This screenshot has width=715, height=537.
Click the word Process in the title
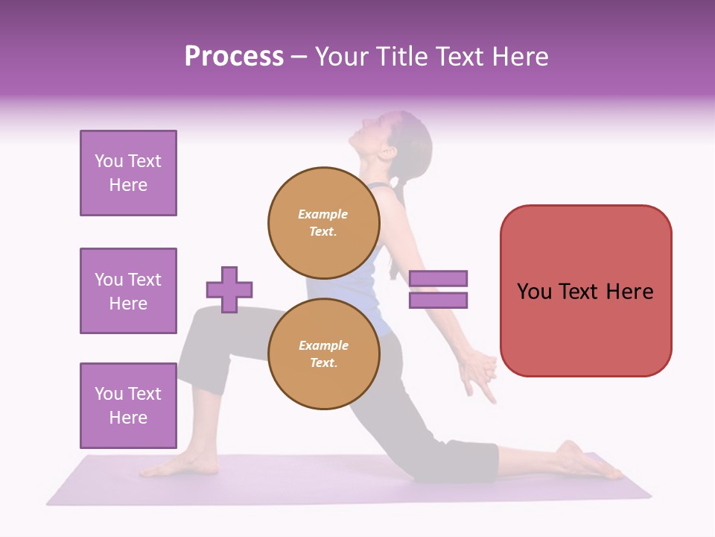tap(234, 57)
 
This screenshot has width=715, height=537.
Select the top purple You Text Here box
tap(128, 173)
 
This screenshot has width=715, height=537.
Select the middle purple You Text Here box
tap(128, 291)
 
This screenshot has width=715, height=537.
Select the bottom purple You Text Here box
tap(128, 405)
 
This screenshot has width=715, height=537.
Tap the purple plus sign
tap(229, 289)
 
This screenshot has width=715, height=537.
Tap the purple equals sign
tap(438, 289)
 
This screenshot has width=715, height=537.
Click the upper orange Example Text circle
tap(324, 222)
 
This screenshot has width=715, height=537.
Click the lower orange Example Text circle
tap(324, 354)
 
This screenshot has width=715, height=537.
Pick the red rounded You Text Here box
tap(585, 291)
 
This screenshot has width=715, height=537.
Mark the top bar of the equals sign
tap(438, 279)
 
